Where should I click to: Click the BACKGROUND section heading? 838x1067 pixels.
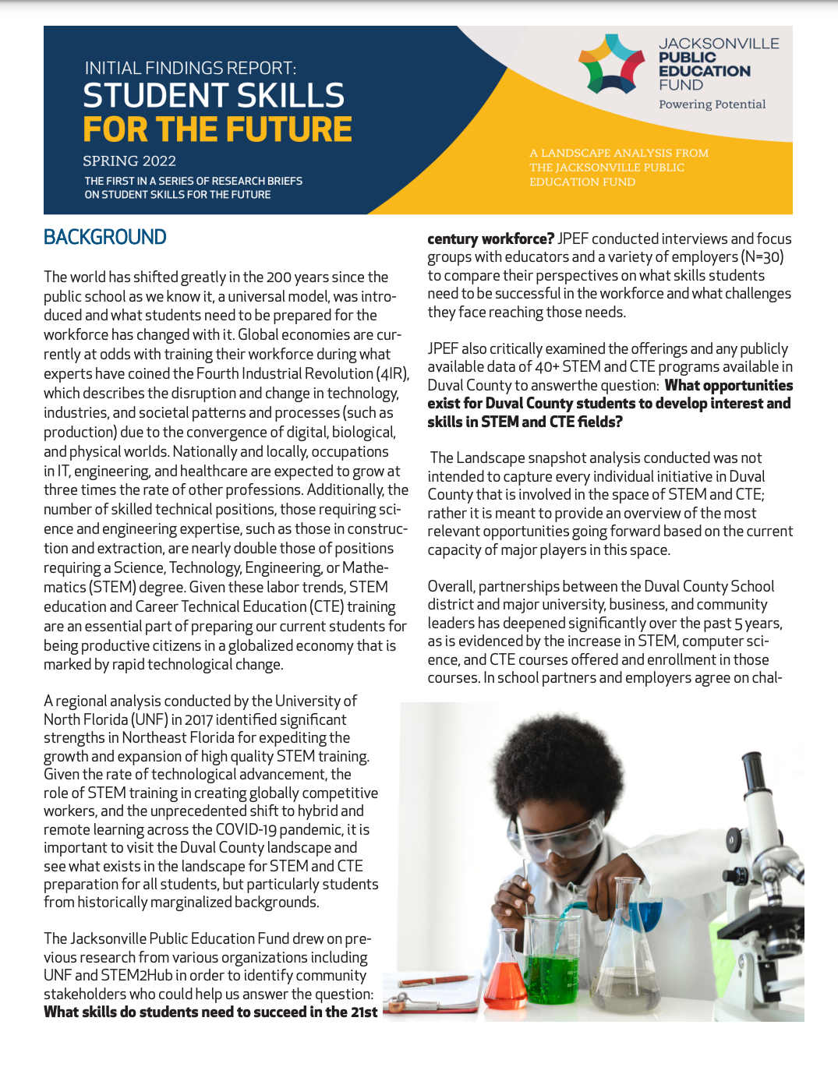click(105, 237)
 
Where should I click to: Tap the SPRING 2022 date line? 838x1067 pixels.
click(129, 161)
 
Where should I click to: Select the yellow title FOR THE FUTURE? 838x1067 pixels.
click(217, 129)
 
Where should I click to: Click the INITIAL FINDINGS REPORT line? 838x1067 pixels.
click(190, 69)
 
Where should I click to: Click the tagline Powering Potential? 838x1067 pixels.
click(712, 104)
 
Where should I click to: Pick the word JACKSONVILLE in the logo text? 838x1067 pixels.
click(719, 44)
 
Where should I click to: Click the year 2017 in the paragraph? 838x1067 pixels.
click(198, 719)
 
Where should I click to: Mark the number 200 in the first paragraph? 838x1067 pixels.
click(279, 277)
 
